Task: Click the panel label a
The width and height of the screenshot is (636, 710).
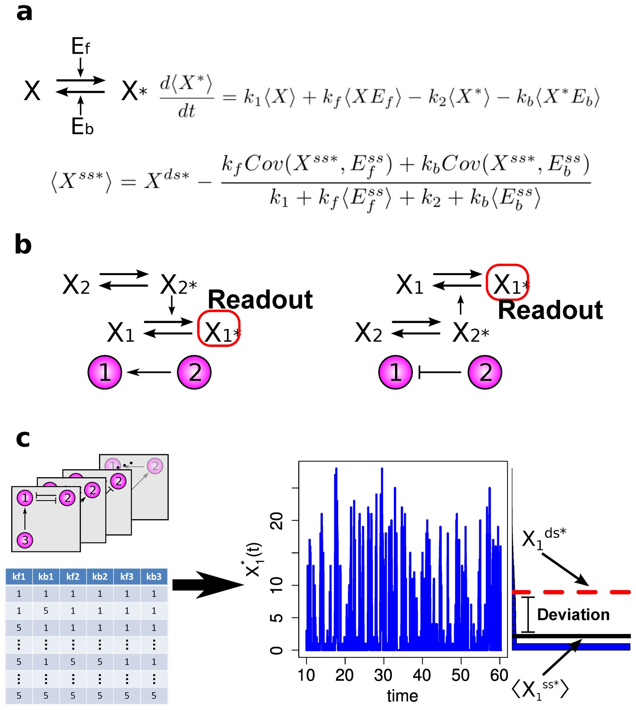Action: pyautogui.click(x=24, y=13)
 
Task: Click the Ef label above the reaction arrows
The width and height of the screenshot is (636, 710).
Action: pyautogui.click(x=80, y=46)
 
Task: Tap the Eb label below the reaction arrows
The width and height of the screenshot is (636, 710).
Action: pyautogui.click(x=82, y=126)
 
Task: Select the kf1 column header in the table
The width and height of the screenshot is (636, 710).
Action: pyautogui.click(x=19, y=577)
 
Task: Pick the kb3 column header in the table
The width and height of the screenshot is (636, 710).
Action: pyautogui.click(x=154, y=577)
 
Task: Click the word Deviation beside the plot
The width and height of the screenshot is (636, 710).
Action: pyautogui.click(x=573, y=615)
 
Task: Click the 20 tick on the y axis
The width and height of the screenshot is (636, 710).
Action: pyautogui.click(x=277, y=521)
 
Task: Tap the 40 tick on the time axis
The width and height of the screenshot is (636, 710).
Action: pyautogui.click(x=422, y=675)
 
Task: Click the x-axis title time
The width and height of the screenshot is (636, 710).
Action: pyautogui.click(x=402, y=696)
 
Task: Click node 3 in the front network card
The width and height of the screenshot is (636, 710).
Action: pyautogui.click(x=25, y=540)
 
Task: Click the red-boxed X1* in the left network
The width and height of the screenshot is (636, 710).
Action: pyautogui.click(x=219, y=329)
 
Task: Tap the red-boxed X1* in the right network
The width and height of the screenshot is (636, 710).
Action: pyautogui.click(x=507, y=282)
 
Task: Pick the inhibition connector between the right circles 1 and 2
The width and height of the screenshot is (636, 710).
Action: pyautogui.click(x=439, y=372)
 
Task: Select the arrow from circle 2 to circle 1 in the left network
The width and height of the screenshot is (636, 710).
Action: pyautogui.click(x=149, y=372)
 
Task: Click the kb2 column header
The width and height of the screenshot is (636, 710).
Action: pyautogui.click(x=100, y=577)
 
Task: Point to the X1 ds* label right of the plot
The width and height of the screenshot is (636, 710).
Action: pyautogui.click(x=543, y=538)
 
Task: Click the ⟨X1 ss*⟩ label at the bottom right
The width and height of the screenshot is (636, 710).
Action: pyautogui.click(x=540, y=689)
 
